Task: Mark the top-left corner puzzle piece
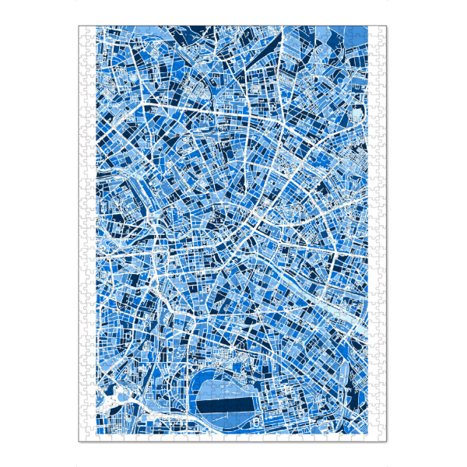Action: click(x=83, y=31)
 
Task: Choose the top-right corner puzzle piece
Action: click(x=381, y=31)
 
